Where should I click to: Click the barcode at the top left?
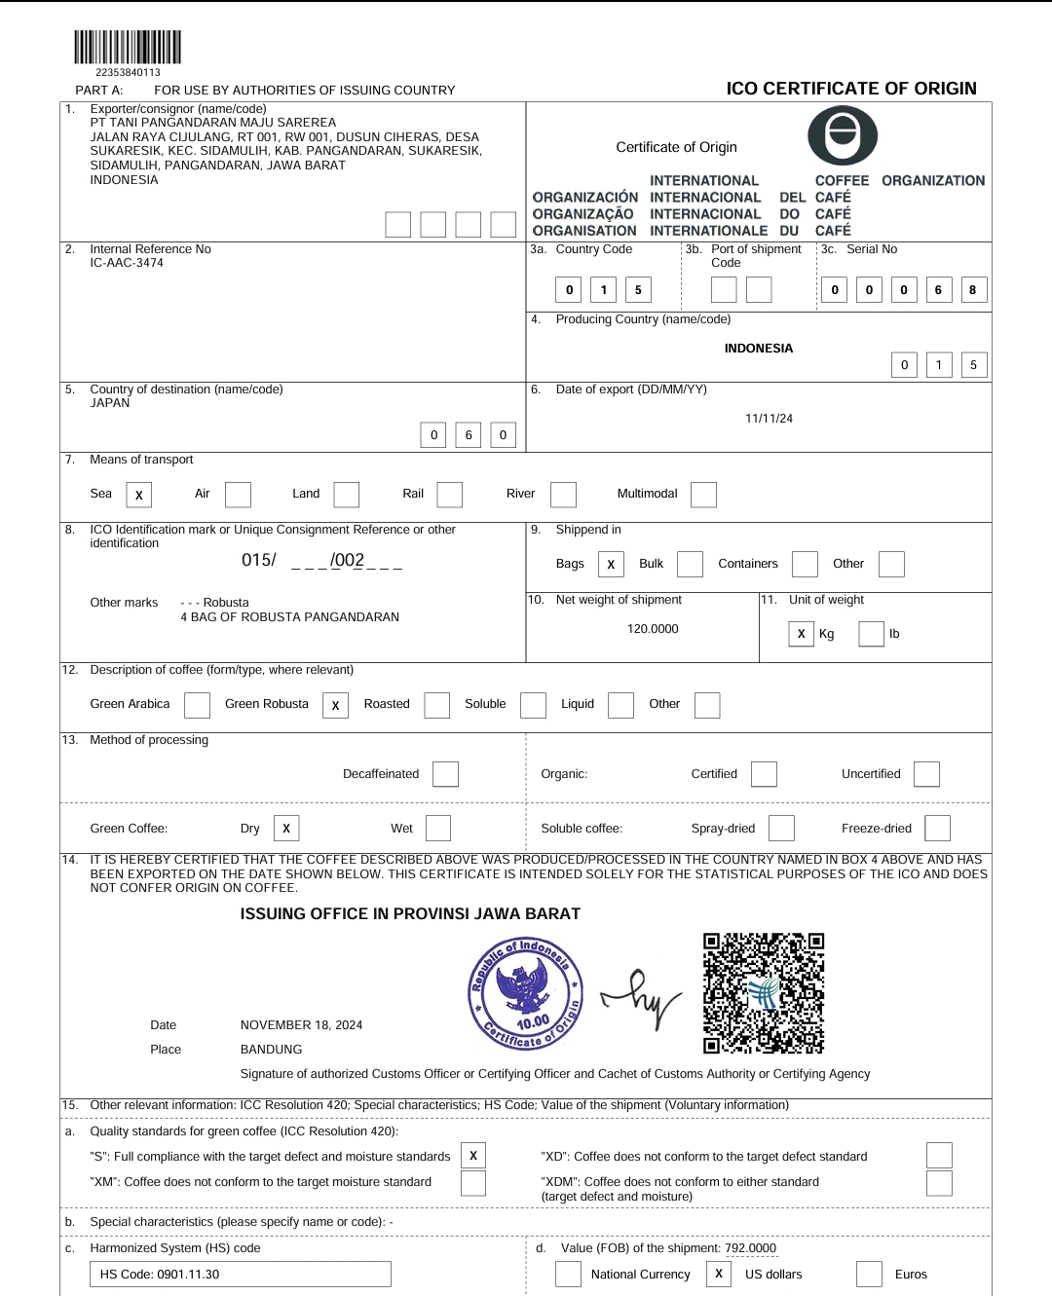click(128, 48)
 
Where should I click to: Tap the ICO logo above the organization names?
click(843, 134)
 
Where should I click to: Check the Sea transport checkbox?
click(139, 495)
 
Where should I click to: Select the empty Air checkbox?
click(238, 495)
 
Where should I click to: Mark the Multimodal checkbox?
click(703, 495)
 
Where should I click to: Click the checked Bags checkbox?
click(611, 564)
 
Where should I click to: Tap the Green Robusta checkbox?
click(335, 705)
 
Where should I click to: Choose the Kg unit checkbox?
click(801, 634)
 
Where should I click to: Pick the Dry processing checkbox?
click(286, 828)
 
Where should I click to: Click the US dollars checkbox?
click(719, 1274)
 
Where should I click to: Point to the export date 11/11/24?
click(769, 419)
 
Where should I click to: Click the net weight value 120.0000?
click(653, 629)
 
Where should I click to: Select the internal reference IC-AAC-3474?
click(127, 263)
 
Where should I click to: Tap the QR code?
click(764, 993)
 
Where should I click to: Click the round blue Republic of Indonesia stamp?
click(527, 993)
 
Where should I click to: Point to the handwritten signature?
click(642, 998)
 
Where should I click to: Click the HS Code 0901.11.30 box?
click(240, 1274)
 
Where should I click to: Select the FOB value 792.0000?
click(750, 1248)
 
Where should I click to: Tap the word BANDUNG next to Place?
click(271, 1050)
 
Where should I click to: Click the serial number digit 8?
click(972, 290)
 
